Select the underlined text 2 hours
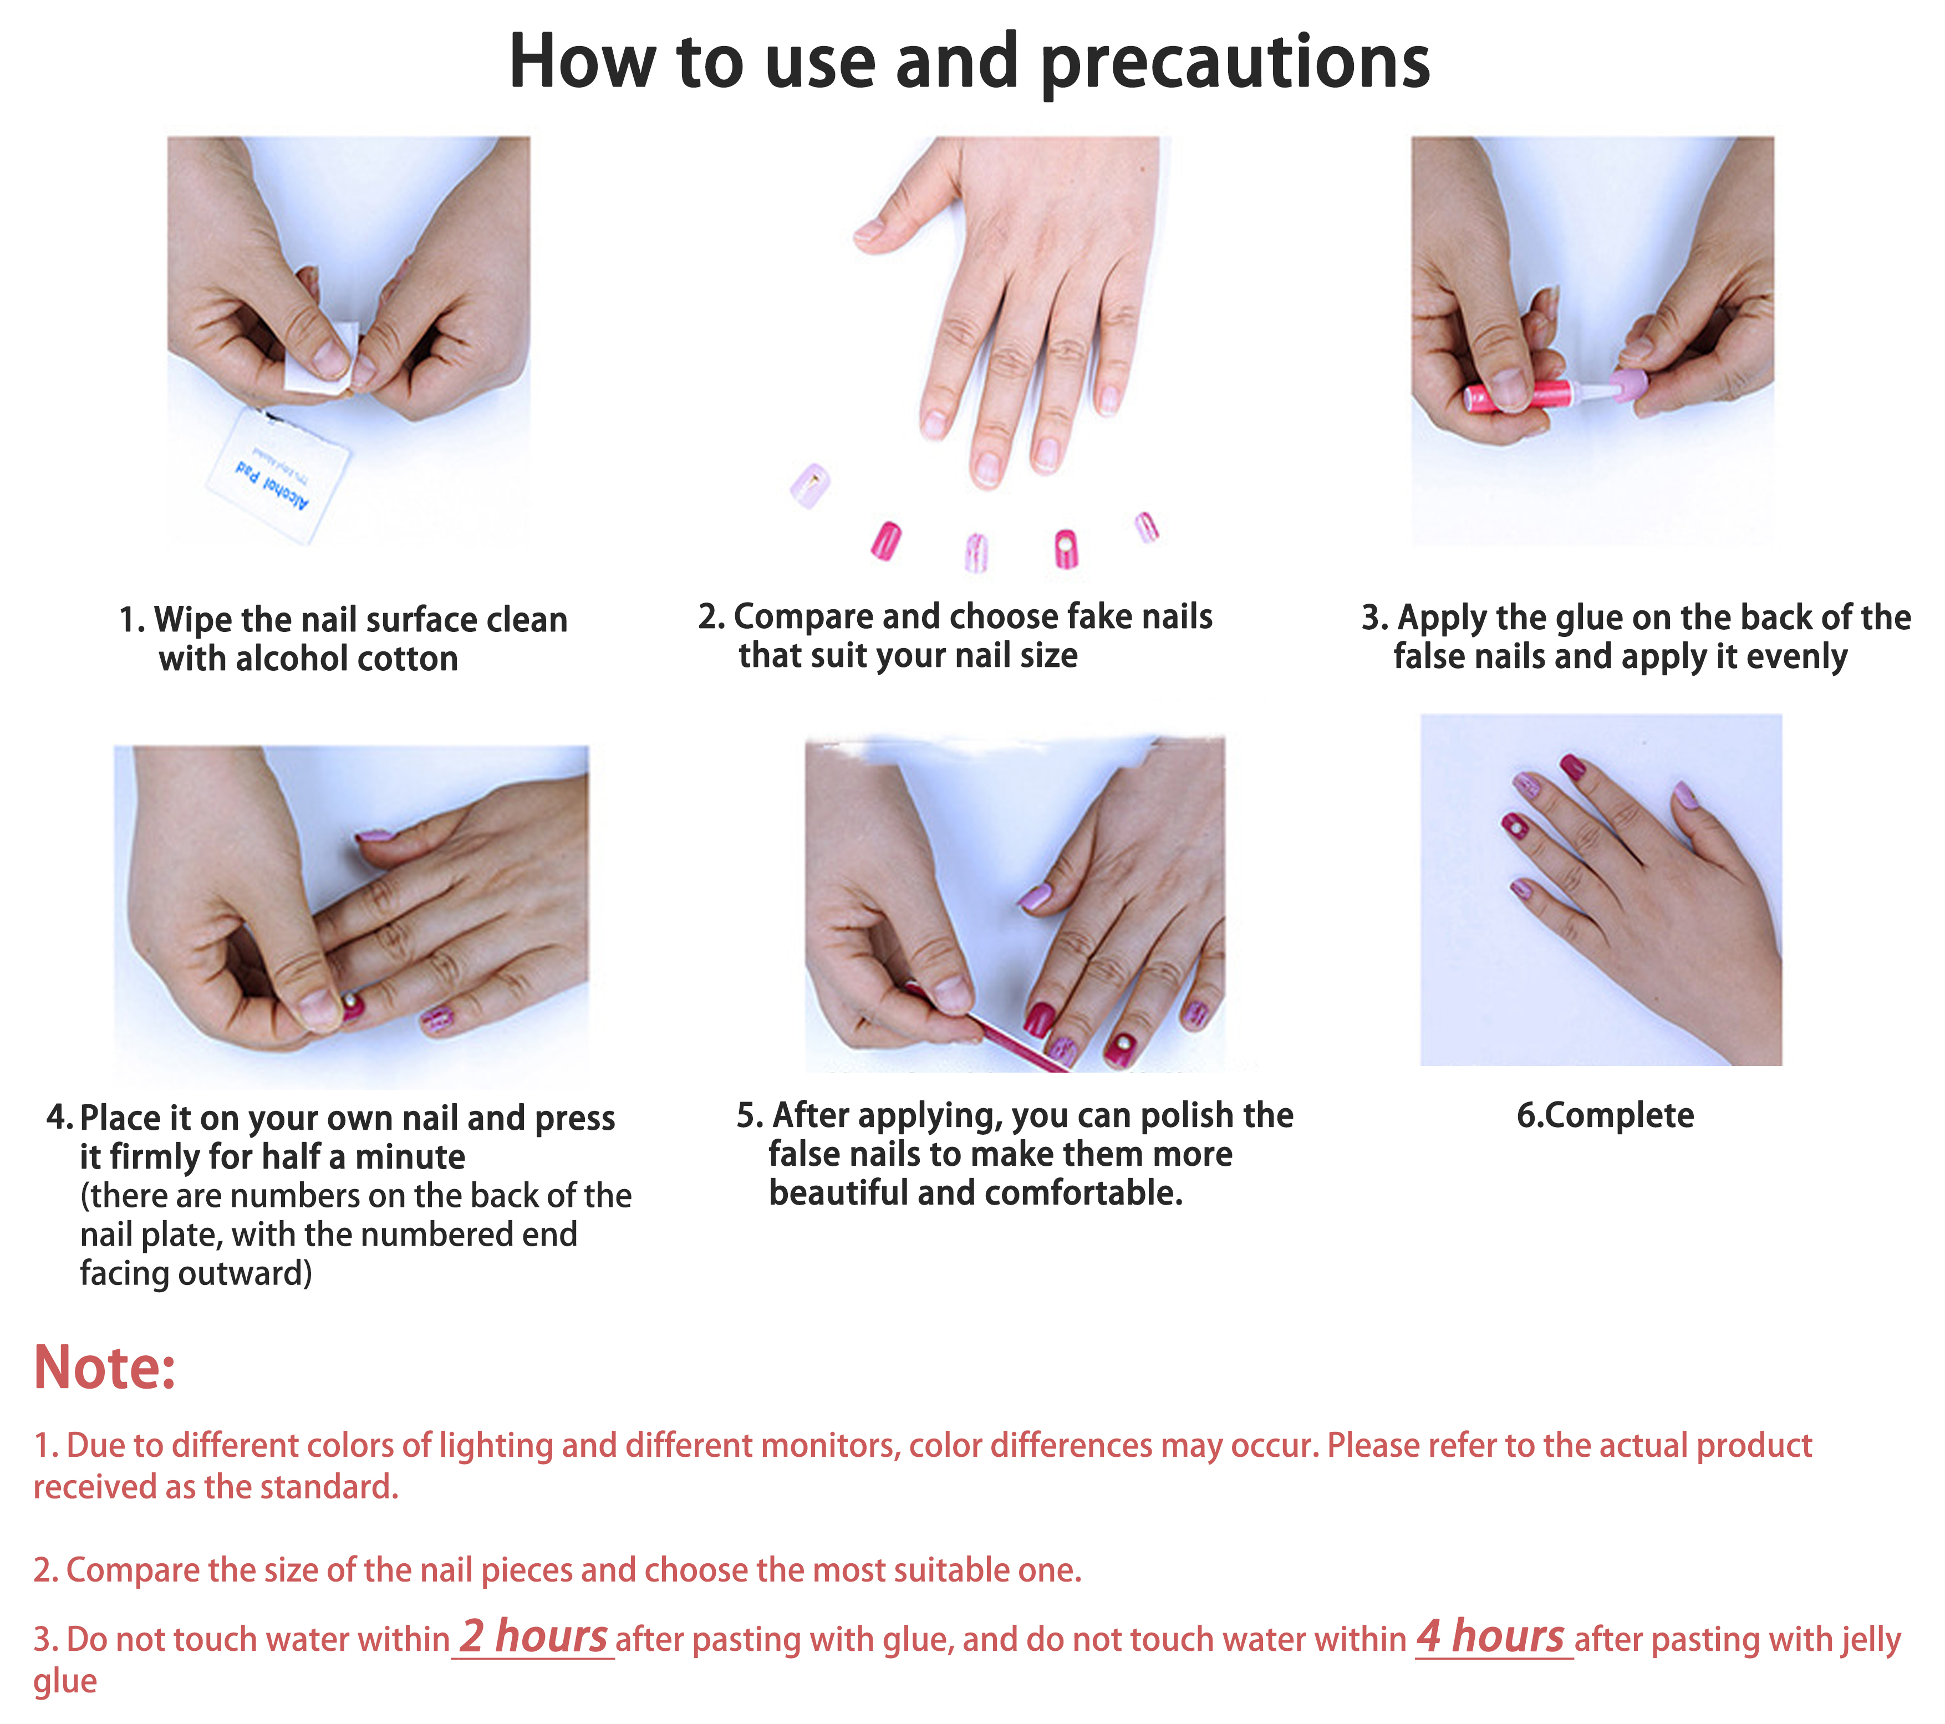533,1636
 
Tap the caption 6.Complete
1605,1115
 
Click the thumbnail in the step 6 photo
1685,795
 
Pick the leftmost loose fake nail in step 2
811,484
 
